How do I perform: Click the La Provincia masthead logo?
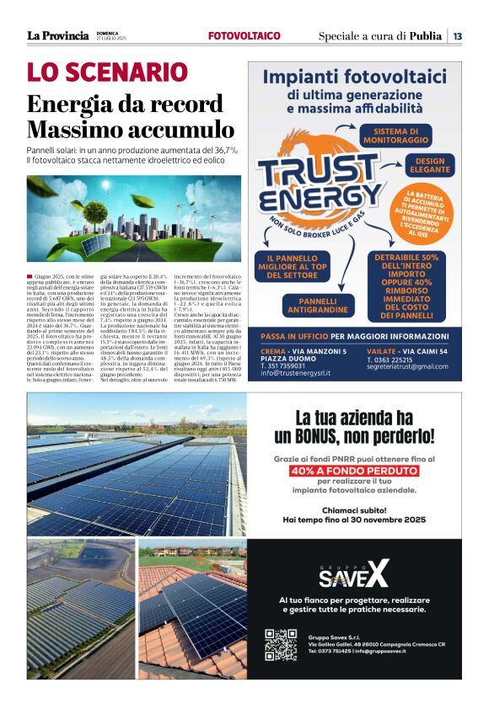pos(57,35)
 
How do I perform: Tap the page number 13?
pos(457,35)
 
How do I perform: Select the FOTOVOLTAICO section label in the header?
pos(244,35)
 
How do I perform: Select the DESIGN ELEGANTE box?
pos(429,165)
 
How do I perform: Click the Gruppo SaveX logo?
pos(353,576)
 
